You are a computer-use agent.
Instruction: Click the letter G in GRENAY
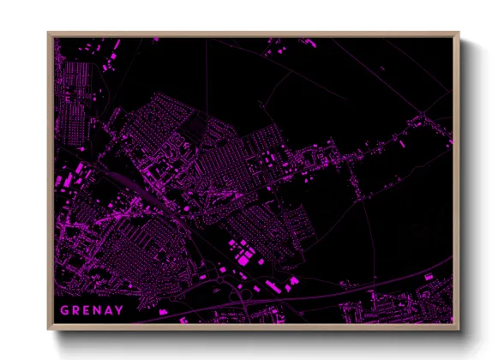pyautogui.click(x=64, y=309)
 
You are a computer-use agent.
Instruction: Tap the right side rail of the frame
pyautogui.click(x=456, y=180)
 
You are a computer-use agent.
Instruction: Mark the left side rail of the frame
pyautogui.click(x=51, y=180)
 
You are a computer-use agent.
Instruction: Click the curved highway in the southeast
pyautogui.click(x=403, y=283)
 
